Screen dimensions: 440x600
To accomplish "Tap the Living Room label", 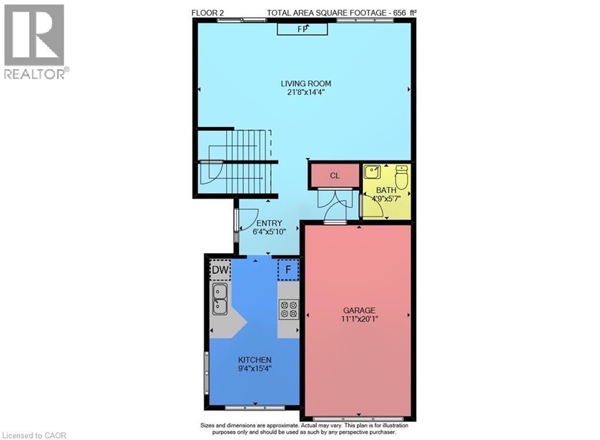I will tap(306, 84).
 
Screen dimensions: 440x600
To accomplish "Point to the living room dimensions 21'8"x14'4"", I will tap(306, 93).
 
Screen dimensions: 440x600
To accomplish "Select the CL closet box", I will tap(335, 175).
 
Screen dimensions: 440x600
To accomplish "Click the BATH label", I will tap(386, 190).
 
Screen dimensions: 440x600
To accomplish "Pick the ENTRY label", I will tap(269, 223).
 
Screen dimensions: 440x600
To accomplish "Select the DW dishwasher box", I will tap(220, 270).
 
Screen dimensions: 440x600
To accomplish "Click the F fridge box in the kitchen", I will tap(288, 270).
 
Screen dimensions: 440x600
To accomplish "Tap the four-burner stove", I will tap(288, 308).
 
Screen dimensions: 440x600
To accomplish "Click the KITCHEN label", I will tap(254, 360).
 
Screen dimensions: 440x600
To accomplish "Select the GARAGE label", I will tap(359, 310).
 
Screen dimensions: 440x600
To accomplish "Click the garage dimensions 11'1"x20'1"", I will tap(359, 319).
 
